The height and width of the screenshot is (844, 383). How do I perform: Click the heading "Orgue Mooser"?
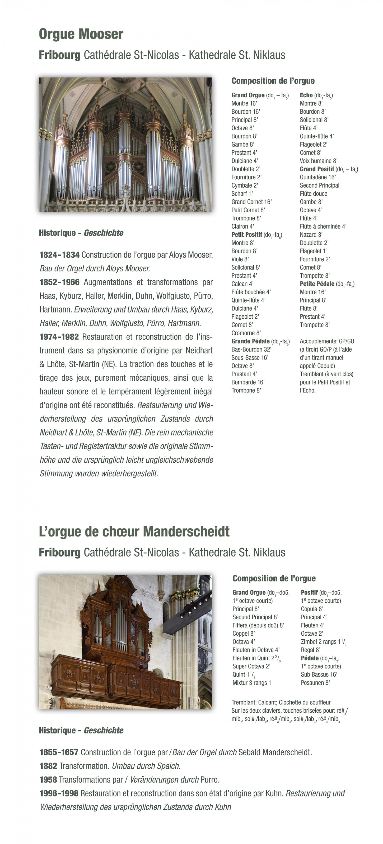click(x=81, y=34)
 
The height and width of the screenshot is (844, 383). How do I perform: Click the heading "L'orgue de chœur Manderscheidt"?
click(x=134, y=531)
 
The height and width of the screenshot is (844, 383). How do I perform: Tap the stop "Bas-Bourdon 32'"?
click(x=251, y=349)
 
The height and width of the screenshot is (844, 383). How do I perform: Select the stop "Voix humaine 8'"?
click(x=318, y=161)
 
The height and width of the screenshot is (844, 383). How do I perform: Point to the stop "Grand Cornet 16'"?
click(x=251, y=202)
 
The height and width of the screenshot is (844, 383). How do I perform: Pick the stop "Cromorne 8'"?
click(x=246, y=333)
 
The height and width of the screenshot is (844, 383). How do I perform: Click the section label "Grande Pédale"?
click(x=250, y=341)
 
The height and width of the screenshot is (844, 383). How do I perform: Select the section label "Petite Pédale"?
click(x=317, y=284)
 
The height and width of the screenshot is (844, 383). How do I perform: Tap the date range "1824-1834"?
click(x=59, y=255)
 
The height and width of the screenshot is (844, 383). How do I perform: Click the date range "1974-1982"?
click(x=59, y=337)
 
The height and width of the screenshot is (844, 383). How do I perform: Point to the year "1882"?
click(x=48, y=766)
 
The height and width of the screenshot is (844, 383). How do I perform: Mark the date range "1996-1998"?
click(x=59, y=793)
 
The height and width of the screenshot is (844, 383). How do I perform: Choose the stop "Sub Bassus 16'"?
click(x=319, y=674)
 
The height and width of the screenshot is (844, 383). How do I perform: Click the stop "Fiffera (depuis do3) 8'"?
click(x=258, y=625)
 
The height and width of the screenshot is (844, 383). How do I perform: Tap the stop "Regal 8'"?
click(x=310, y=650)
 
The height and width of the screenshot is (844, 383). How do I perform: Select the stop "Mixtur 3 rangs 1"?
click(x=251, y=683)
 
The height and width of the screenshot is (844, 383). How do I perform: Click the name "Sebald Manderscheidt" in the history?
click(x=274, y=752)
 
